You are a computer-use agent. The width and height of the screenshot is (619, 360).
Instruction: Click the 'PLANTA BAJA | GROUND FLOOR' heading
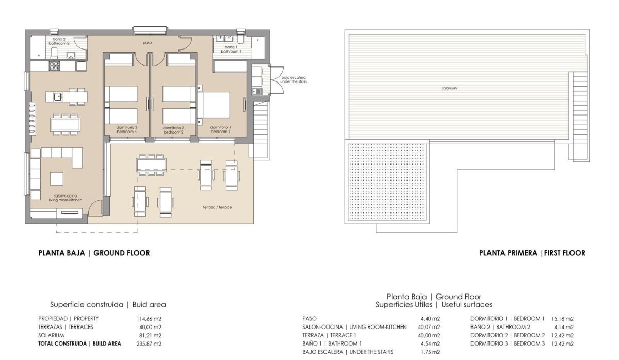click(x=94, y=253)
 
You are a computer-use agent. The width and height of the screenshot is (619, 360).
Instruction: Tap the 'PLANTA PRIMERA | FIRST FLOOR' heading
click(x=532, y=253)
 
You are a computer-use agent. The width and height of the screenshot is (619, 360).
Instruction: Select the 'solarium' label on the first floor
click(x=449, y=88)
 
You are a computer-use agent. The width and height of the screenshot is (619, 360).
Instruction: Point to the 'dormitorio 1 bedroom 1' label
click(x=220, y=129)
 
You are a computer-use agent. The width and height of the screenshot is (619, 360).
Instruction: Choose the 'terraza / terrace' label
click(x=217, y=207)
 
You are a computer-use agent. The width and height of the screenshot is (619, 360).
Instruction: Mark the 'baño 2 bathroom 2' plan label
click(x=59, y=41)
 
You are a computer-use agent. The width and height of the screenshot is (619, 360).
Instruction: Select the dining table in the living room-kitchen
click(x=66, y=124)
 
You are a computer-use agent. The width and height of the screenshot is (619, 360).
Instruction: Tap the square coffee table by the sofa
click(x=57, y=178)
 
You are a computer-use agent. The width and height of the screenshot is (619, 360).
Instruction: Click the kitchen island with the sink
click(x=65, y=96)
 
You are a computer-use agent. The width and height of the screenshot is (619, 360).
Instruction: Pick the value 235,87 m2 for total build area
click(x=151, y=343)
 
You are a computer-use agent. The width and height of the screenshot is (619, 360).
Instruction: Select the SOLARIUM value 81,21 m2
click(x=151, y=335)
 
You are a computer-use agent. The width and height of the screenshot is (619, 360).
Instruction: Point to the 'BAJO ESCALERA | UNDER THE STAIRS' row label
click(x=348, y=352)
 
